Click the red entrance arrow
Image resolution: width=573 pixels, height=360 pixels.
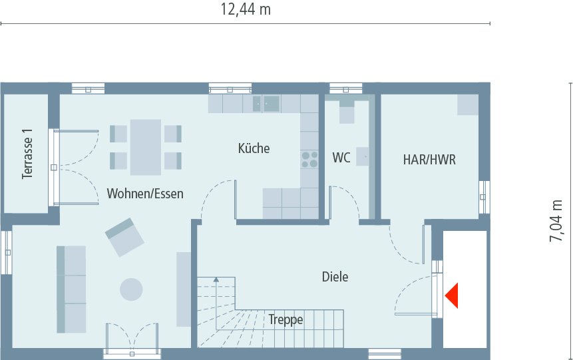(453, 295)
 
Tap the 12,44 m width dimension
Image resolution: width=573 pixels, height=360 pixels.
(246, 10)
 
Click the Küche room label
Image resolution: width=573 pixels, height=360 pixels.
(254, 148)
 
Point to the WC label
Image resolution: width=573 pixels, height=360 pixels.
(341, 158)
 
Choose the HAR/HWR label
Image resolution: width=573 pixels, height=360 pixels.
(429, 160)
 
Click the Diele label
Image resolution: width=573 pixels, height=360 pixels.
(335, 277)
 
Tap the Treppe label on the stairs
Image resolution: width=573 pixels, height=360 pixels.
(286, 320)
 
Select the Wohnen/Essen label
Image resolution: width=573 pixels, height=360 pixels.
(145, 194)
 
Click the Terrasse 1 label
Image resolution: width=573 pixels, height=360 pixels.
(27, 154)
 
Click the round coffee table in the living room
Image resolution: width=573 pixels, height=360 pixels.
(130, 289)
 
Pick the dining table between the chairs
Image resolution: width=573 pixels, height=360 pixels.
(146, 146)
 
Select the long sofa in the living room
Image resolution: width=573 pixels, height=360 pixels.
(71, 289)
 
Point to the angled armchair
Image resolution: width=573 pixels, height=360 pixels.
(124, 237)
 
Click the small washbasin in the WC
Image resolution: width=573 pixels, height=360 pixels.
(363, 157)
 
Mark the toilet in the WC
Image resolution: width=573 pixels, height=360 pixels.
(347, 111)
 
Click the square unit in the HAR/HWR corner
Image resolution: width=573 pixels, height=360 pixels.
(467, 104)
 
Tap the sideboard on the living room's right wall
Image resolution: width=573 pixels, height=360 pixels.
(183, 289)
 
